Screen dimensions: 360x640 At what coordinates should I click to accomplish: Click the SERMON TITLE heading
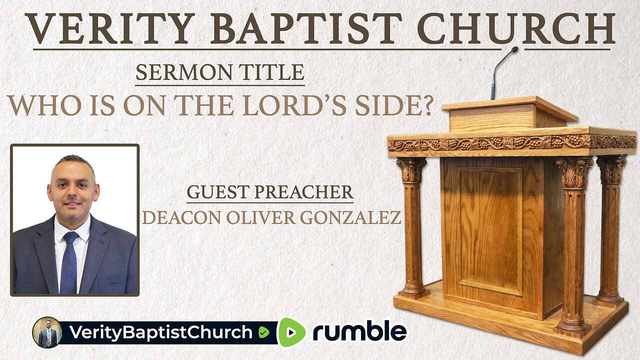coord(220,73)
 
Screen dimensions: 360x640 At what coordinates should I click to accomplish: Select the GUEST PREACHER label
coord(269,193)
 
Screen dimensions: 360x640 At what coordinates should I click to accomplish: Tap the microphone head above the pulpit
coord(514,49)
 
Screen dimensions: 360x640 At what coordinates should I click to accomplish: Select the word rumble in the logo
coord(359,332)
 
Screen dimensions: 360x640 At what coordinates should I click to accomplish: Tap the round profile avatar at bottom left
coord(47,332)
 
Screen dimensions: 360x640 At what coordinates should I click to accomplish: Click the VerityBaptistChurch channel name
coord(160,332)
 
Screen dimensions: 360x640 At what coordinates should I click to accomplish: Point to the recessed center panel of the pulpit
coord(490,230)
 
